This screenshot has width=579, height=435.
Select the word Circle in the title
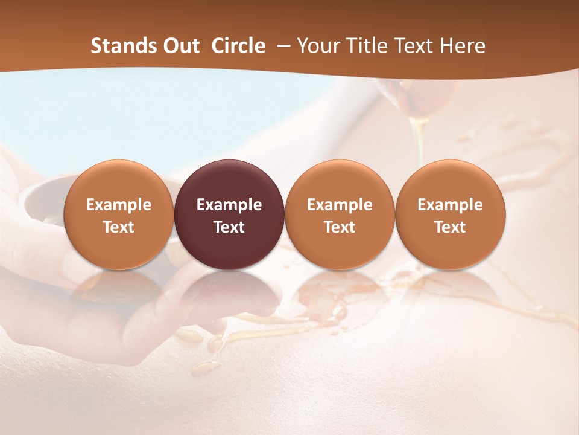(238, 46)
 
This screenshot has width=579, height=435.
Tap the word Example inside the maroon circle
(229, 205)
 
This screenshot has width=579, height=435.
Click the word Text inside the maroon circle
(229, 227)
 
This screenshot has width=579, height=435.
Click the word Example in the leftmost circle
(119, 205)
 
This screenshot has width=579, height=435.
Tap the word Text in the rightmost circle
(450, 227)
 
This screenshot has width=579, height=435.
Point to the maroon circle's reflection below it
(229, 290)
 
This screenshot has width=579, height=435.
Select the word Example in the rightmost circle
(450, 205)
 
